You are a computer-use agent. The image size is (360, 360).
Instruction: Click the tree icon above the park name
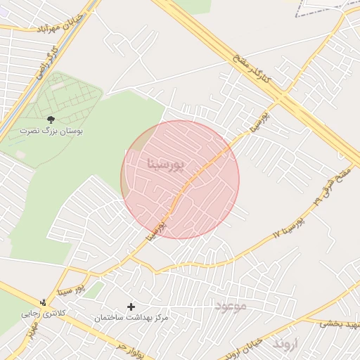(x=50, y=120)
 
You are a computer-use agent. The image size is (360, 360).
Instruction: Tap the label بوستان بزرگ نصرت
(x=51, y=131)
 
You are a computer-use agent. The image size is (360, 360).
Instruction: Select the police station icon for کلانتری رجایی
(x=44, y=302)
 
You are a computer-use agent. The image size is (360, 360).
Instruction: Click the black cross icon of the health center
(x=131, y=307)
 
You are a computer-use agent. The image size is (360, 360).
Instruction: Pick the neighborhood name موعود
(x=230, y=307)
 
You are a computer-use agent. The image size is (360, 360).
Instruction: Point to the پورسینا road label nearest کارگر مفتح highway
(x=257, y=122)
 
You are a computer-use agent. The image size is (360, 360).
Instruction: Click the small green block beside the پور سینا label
(x=94, y=289)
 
